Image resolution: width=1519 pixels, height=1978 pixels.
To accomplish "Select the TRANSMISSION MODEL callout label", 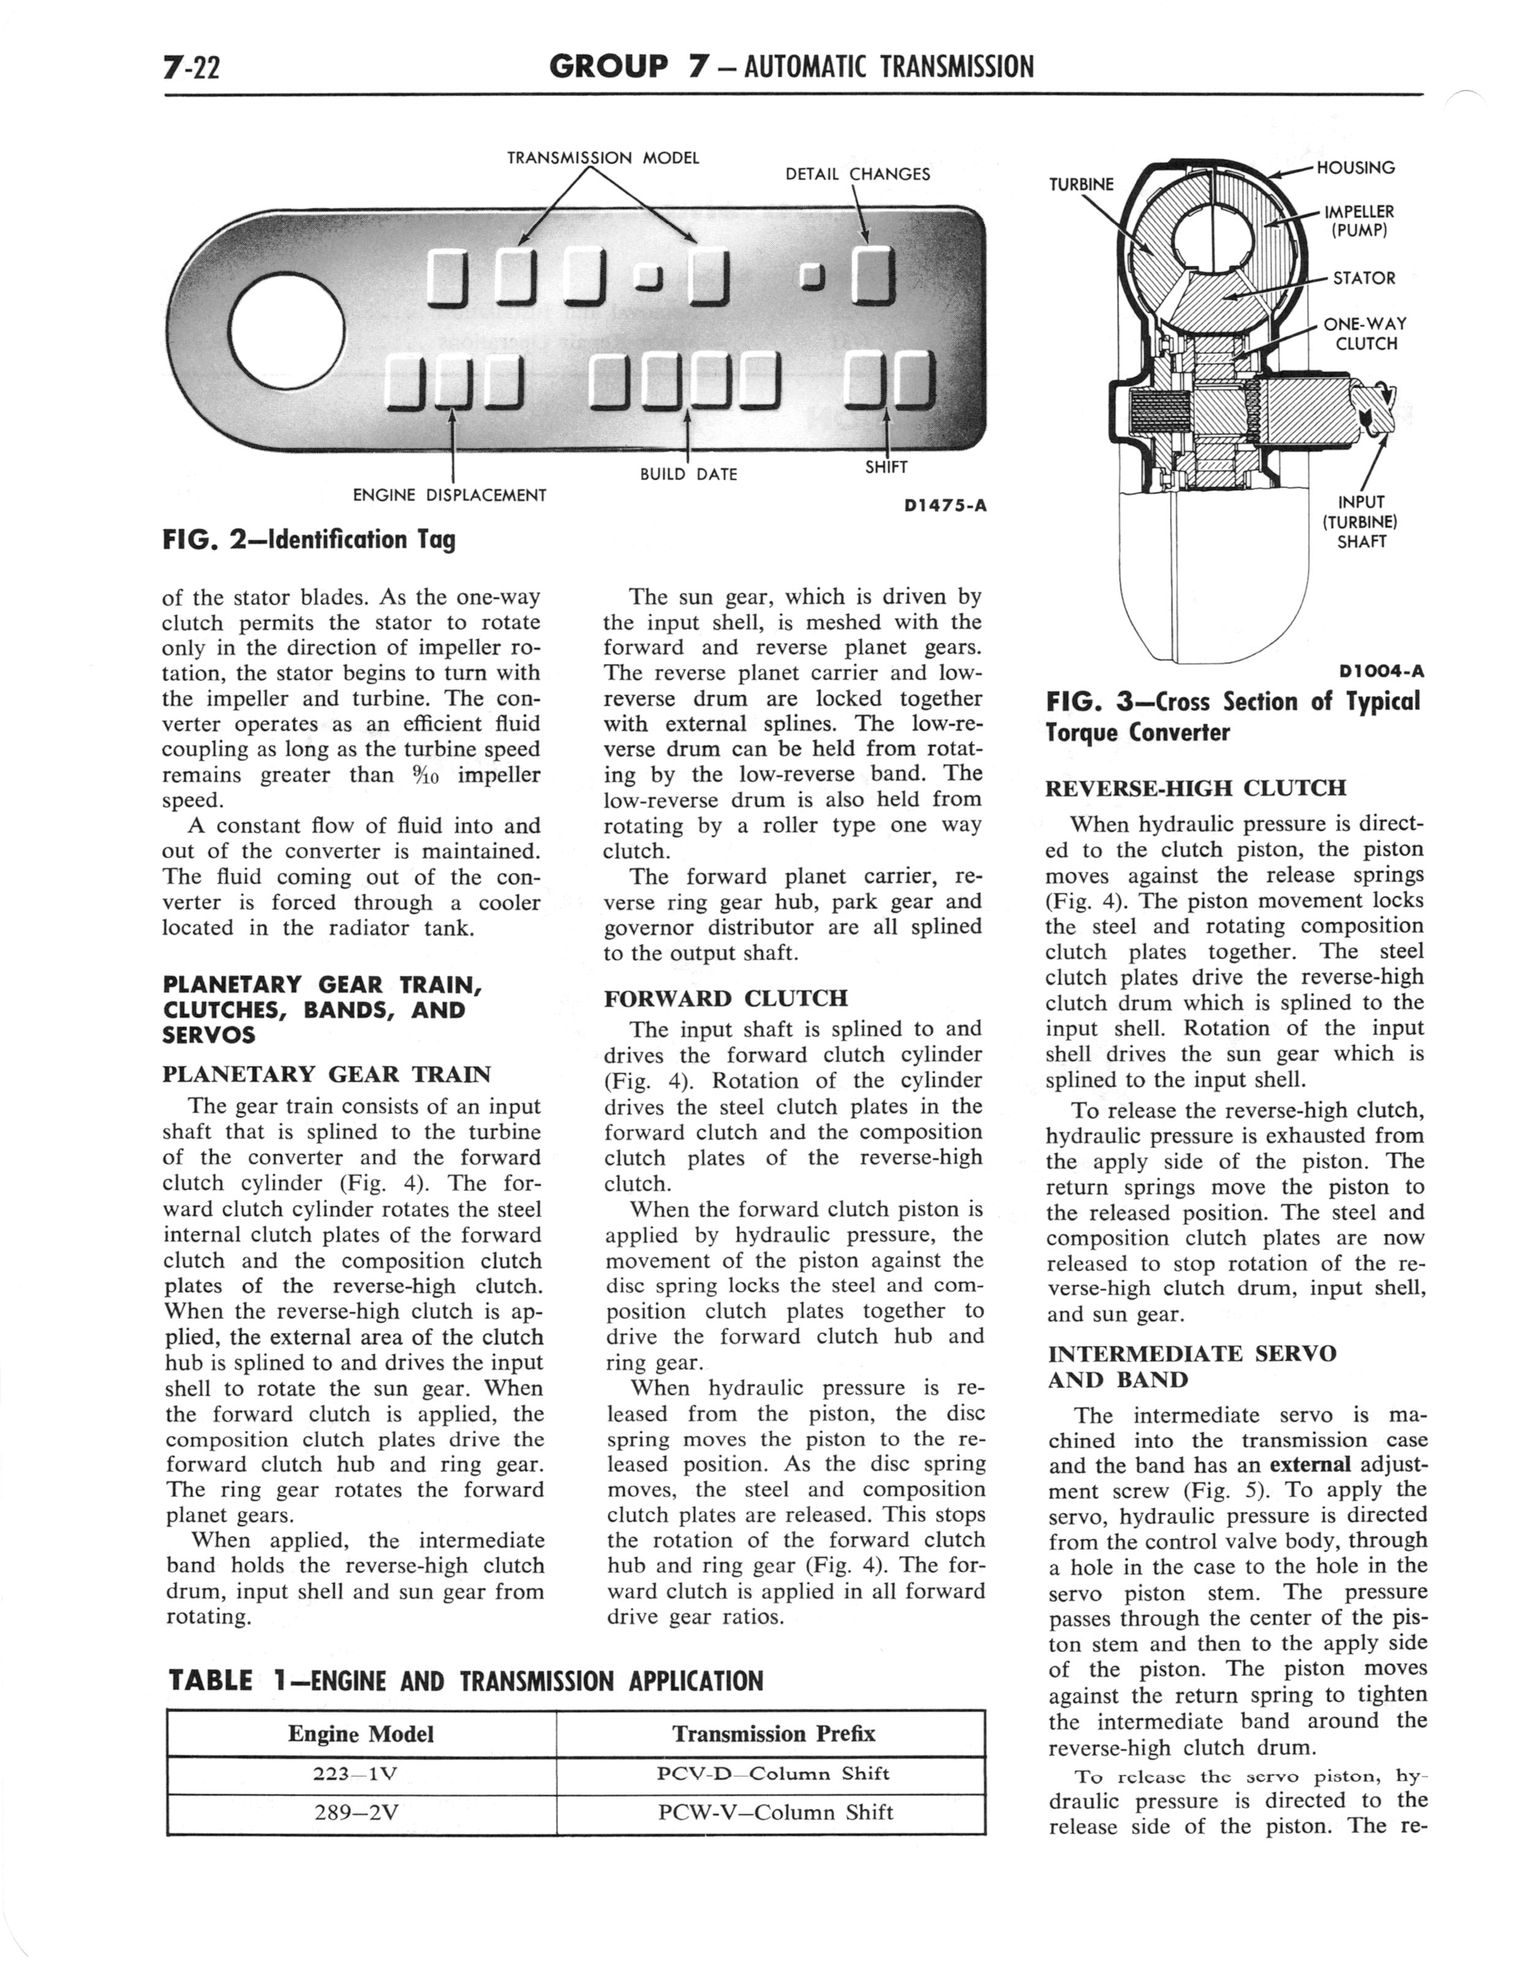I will click(x=603, y=157).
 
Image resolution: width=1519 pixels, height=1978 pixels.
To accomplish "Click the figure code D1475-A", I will click(x=945, y=506).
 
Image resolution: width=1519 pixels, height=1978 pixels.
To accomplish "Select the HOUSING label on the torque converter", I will click(x=1355, y=167).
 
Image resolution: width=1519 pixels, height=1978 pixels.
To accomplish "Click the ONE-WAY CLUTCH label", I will click(x=1365, y=334).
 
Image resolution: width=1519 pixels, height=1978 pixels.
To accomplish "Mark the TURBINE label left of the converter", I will click(x=1082, y=184).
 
